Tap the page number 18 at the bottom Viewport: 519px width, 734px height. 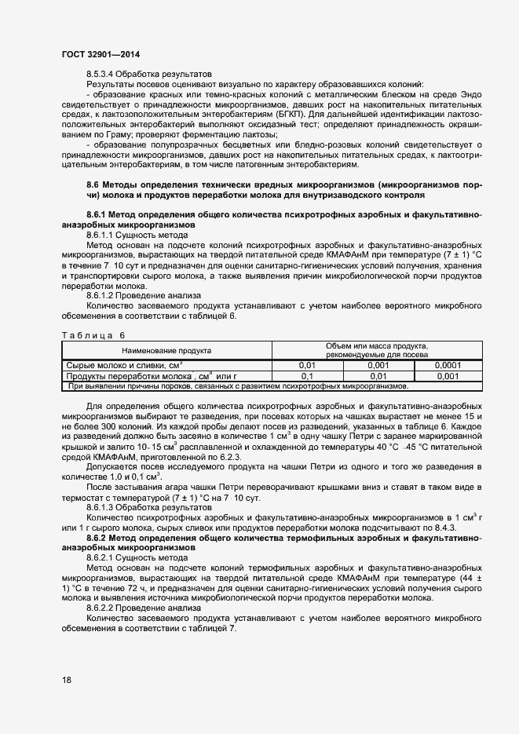(67, 680)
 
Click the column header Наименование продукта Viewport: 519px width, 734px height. (166, 350)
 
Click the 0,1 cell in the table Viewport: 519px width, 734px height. (308, 376)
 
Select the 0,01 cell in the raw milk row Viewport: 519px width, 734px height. (308, 366)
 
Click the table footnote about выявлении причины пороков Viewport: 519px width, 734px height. (238, 386)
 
